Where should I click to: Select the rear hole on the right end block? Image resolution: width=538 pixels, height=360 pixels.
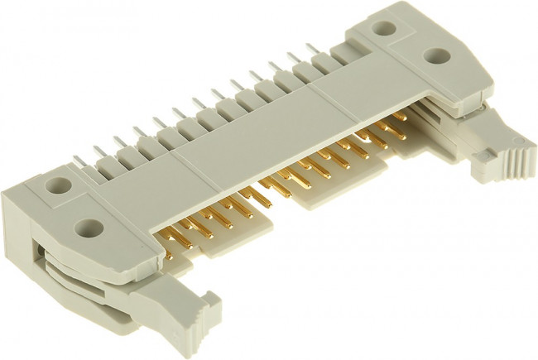pos(383,26)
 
